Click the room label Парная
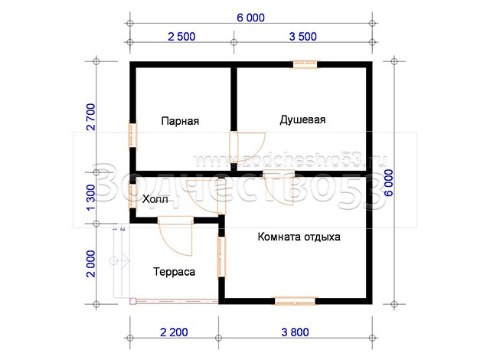tap(180, 121)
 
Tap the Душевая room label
tap(302, 119)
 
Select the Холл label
tap(155, 199)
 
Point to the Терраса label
tap(174, 272)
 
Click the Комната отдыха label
tap(299, 237)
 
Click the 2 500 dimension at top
tap(181, 37)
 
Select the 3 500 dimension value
tap(303, 37)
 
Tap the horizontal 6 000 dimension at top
tap(250, 18)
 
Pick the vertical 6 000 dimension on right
tap(389, 183)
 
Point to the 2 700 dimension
tap(90, 117)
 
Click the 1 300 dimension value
tap(90, 198)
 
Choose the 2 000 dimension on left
tap(90, 263)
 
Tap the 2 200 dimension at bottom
tap(174, 332)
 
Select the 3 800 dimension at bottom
tap(295, 332)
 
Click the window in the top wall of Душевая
tap(305, 64)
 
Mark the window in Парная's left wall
tap(133, 134)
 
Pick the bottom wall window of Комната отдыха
tap(295, 301)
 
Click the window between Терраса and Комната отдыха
tap(221, 257)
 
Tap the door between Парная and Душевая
tap(247, 147)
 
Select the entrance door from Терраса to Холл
tap(175, 236)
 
